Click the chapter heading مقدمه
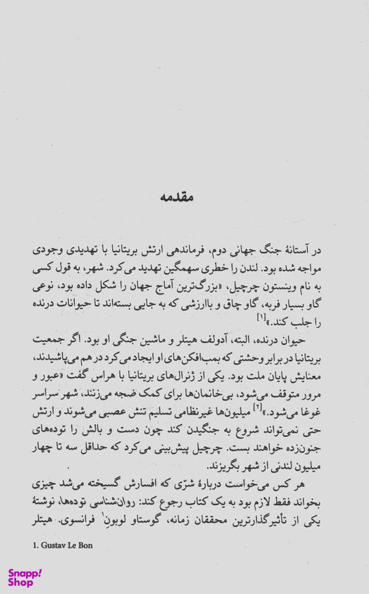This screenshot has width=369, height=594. pyautogui.click(x=185, y=197)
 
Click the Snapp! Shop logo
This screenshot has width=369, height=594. pyautogui.click(x=25, y=577)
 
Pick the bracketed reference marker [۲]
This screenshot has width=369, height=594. pyautogui.click(x=258, y=408)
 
